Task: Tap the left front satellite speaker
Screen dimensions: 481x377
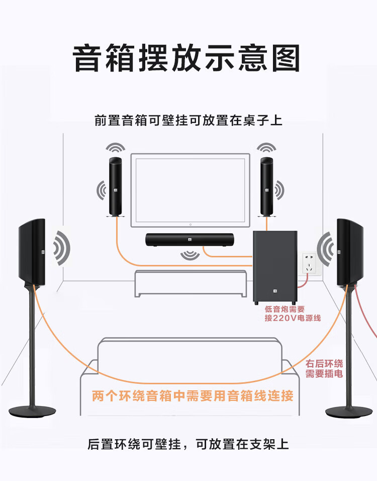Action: (115, 187)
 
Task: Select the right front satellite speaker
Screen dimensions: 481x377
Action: (266, 187)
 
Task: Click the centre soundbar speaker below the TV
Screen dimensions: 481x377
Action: (190, 240)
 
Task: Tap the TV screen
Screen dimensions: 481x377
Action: (190, 190)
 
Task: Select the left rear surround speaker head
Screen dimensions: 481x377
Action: (32, 249)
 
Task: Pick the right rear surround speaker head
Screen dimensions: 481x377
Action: (350, 249)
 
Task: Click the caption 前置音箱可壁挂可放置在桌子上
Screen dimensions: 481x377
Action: (189, 121)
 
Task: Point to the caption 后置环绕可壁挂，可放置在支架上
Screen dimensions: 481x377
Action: (188, 444)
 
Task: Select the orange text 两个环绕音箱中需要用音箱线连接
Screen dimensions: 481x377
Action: (193, 396)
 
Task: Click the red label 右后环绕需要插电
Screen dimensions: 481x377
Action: (324, 369)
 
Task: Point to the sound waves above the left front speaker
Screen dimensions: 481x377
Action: (115, 148)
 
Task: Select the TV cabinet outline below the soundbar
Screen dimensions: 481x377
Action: (191, 284)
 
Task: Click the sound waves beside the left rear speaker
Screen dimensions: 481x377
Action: (62, 248)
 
